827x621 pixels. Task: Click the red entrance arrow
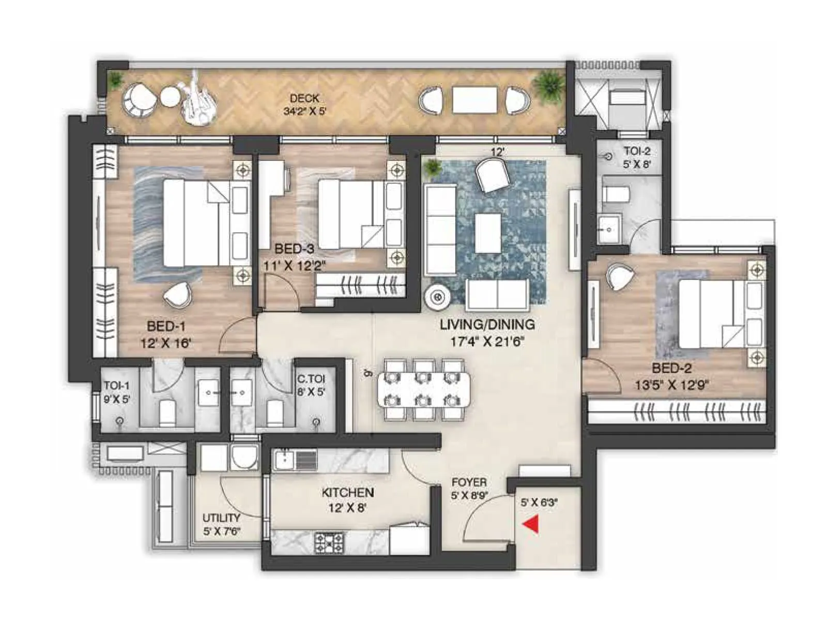[x=531, y=524]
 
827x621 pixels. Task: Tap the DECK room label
[x=304, y=98]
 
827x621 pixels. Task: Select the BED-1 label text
[x=166, y=327]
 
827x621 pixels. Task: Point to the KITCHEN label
[x=347, y=493]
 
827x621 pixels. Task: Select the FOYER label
[x=469, y=482]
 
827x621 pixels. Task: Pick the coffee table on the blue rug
[x=487, y=233]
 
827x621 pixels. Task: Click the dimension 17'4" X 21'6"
[x=487, y=342]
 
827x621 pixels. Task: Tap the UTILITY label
[x=221, y=518]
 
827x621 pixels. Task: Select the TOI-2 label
[x=637, y=151]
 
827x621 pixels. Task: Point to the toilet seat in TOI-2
[x=616, y=195]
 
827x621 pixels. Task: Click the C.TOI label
[x=311, y=379]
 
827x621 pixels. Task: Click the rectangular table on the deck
[x=474, y=100]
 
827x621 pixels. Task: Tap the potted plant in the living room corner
[x=432, y=168]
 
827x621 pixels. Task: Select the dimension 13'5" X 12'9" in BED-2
[x=671, y=385]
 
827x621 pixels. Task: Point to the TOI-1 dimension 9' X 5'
[x=116, y=399]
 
